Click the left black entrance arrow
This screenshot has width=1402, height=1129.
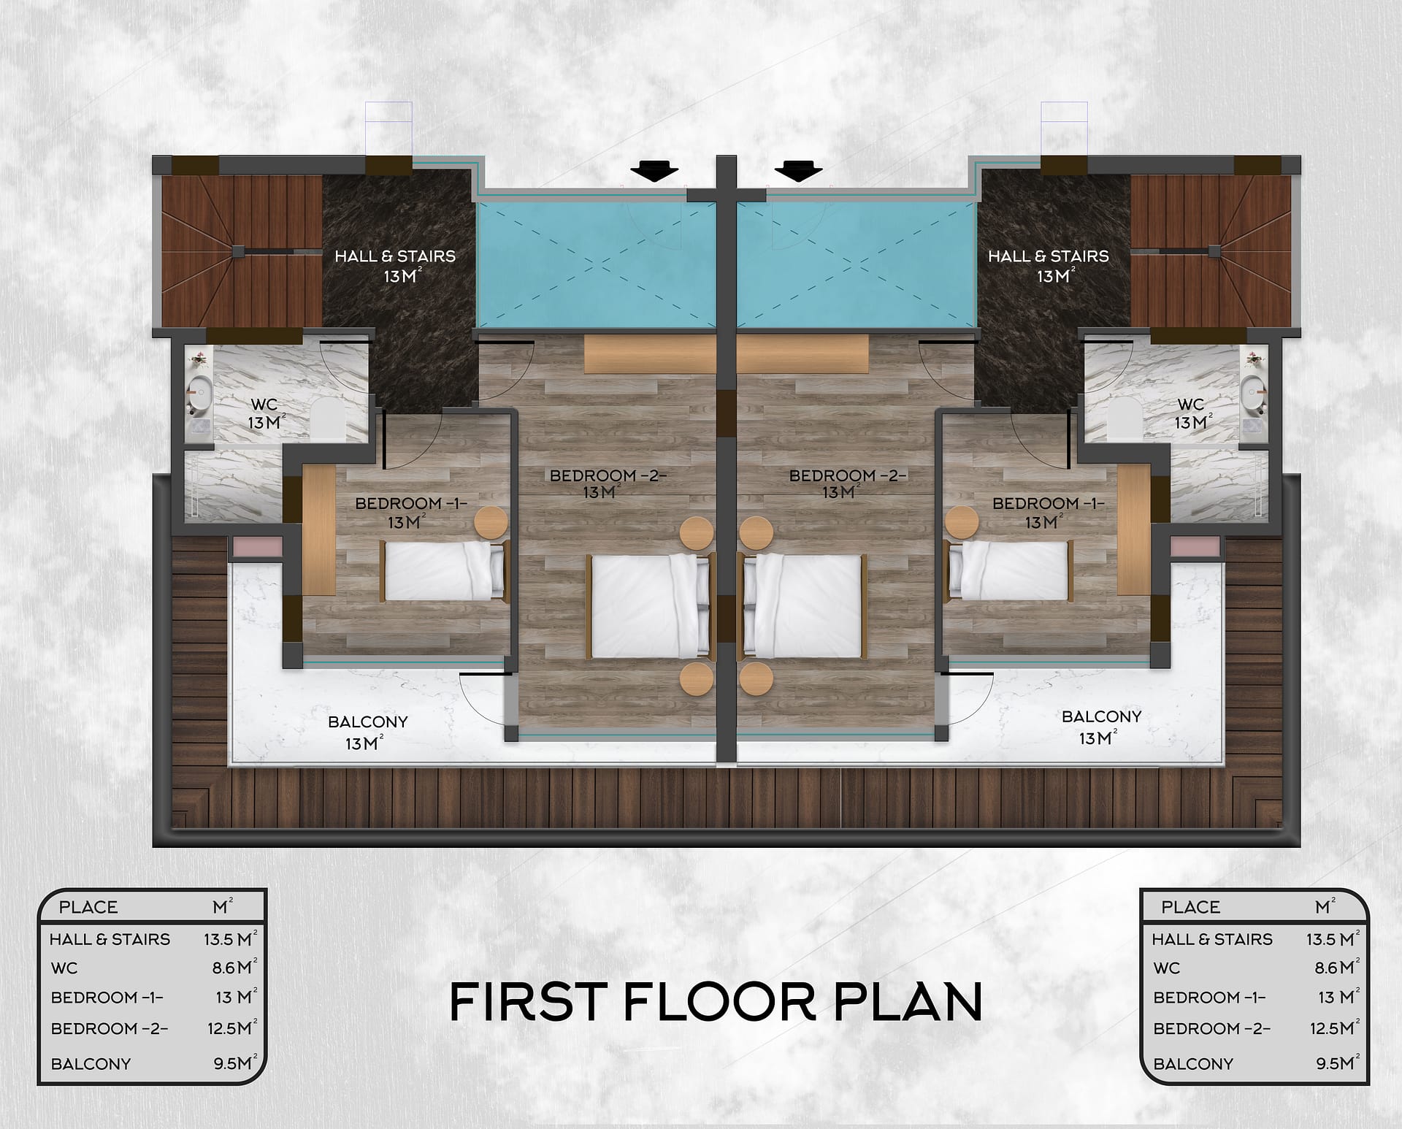pos(654,172)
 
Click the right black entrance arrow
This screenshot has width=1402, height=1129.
pos(798,172)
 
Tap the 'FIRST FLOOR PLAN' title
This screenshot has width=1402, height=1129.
pos(716,1002)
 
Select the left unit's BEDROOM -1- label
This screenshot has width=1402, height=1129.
pos(410,503)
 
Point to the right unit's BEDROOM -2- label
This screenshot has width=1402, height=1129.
pos(848,475)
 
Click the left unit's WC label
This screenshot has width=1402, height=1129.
pos(264,405)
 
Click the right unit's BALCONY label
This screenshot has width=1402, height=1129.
pos(1101,716)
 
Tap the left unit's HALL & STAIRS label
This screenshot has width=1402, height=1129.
pos(395,256)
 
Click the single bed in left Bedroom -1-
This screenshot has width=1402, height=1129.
pos(444,571)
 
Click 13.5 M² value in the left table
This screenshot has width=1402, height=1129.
pos(231,938)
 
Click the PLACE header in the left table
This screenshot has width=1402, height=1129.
pos(88,907)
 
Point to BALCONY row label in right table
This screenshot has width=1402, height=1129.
pos(1193,1064)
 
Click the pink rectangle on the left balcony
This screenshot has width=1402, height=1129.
pos(257,546)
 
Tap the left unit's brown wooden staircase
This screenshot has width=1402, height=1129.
pos(241,251)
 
